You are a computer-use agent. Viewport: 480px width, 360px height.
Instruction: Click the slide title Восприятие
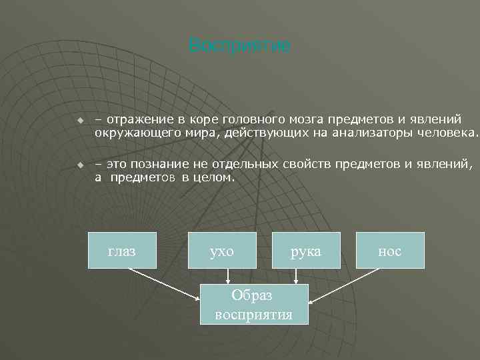pos(239,46)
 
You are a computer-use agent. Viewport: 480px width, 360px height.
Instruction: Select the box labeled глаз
pos(122,250)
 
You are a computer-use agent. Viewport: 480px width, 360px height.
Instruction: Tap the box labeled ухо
pos(222,250)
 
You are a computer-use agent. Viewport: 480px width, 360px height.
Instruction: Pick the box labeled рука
pos(307,250)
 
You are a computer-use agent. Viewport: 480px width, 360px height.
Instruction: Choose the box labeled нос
pos(389,250)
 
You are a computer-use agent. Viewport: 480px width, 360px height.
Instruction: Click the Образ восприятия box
pos(254,304)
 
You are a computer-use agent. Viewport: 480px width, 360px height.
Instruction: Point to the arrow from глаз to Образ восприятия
pos(163,285)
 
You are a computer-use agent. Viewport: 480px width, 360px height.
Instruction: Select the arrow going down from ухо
pos(228,276)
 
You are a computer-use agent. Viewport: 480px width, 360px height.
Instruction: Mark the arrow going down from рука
pos(295,276)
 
